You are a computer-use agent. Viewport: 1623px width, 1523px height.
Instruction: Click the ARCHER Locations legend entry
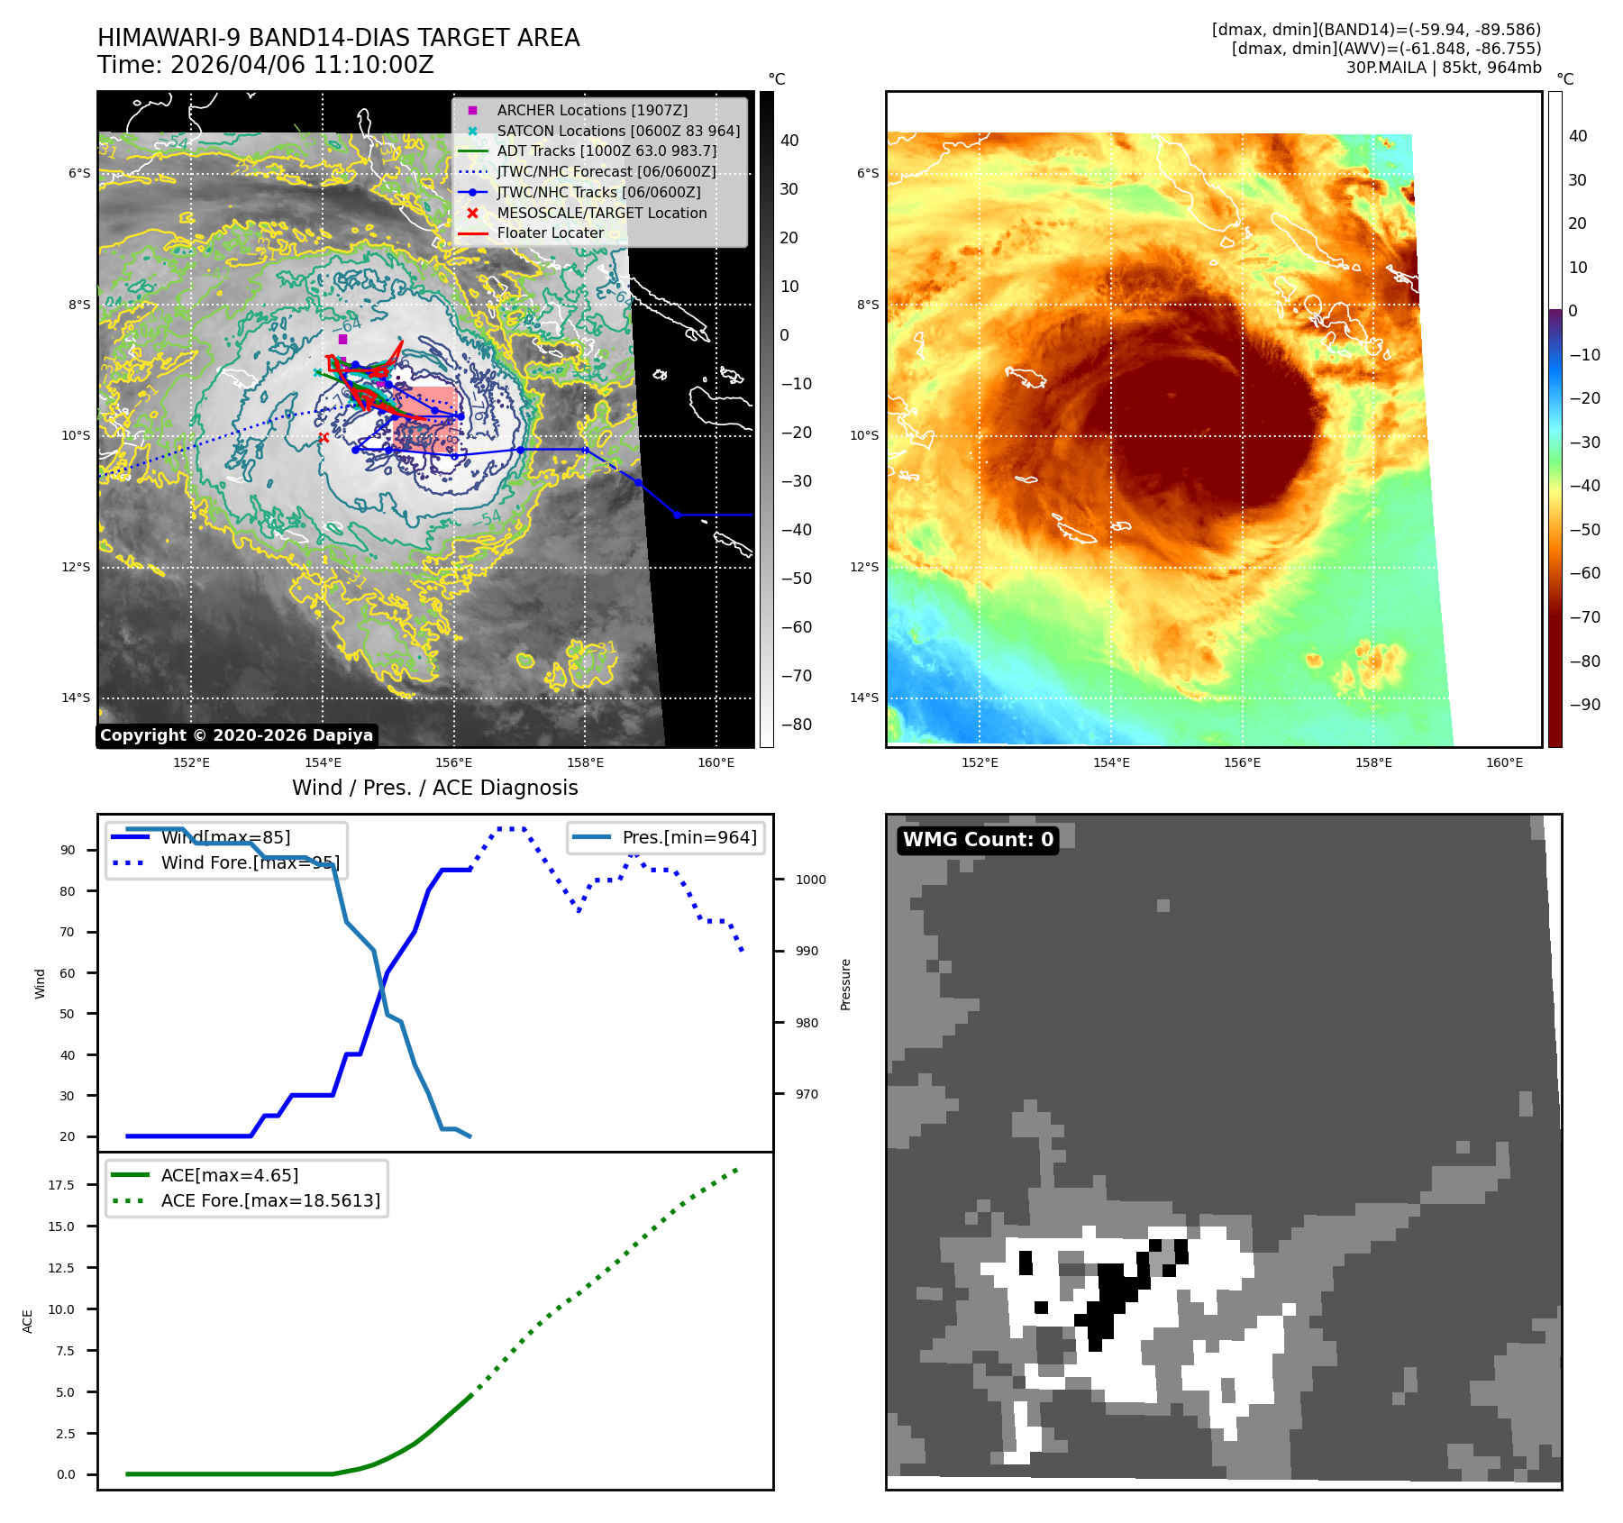click(591, 110)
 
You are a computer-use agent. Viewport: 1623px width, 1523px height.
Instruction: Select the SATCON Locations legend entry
click(618, 131)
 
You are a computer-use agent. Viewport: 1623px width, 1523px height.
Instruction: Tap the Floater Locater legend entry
click(550, 233)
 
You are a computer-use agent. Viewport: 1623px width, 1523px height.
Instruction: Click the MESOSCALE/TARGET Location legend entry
click(601, 213)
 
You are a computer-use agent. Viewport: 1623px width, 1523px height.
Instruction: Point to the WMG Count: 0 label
click(978, 840)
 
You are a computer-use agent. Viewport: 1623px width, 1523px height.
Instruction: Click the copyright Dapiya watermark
click(236, 735)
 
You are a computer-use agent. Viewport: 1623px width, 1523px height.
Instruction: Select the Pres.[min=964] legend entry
click(688, 837)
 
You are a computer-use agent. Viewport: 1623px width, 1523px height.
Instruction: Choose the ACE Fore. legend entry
click(270, 1200)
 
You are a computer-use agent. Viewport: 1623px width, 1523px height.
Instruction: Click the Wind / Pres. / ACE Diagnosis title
click(435, 788)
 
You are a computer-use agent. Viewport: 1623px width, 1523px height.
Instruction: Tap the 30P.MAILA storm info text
click(1444, 68)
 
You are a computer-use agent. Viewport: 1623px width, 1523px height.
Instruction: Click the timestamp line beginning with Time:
click(266, 65)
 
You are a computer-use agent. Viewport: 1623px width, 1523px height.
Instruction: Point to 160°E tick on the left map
click(716, 762)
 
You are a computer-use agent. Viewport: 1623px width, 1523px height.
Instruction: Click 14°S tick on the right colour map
click(864, 698)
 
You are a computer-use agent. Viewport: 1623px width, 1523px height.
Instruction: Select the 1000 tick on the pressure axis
click(810, 880)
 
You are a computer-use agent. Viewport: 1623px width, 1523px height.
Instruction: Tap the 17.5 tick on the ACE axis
click(61, 1185)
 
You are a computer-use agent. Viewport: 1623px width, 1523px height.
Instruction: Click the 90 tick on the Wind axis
click(68, 850)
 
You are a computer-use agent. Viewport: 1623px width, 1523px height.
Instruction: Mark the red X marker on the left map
click(324, 438)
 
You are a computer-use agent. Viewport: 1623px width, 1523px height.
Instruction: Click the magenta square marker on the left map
click(342, 339)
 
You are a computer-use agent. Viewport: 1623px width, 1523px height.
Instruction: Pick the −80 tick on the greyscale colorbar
click(796, 725)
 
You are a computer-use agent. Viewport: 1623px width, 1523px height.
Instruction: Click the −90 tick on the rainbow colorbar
click(1584, 705)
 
